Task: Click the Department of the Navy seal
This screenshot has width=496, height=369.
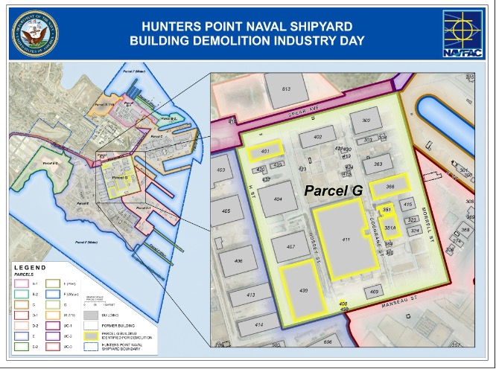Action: [33, 30]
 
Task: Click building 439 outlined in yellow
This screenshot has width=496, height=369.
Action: [303, 289]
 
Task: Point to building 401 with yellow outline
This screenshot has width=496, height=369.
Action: [265, 152]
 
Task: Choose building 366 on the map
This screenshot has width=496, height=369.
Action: [389, 185]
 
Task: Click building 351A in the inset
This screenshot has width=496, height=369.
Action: [389, 230]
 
